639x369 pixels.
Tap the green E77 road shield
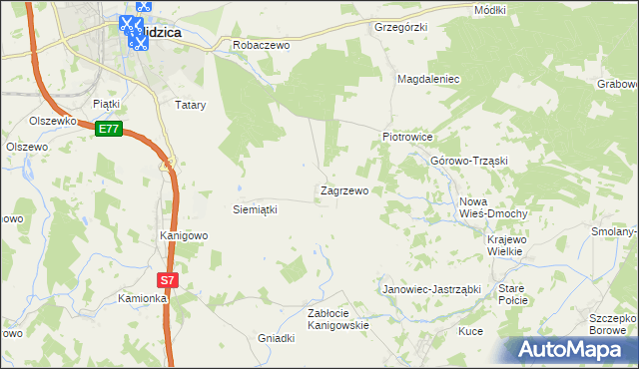pos(109,129)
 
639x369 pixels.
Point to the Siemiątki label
pos(254,209)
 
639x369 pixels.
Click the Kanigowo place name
pos(184,236)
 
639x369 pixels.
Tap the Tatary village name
pos(190,104)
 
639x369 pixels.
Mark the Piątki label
pos(106,103)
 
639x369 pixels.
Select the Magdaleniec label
pos(427,78)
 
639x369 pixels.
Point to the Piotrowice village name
pos(406,137)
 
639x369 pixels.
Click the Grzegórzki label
pos(400,27)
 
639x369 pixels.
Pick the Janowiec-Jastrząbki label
pos(432,289)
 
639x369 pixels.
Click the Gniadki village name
pos(276,338)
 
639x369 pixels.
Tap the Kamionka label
pos(142,298)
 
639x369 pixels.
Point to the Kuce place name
pos(470,331)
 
